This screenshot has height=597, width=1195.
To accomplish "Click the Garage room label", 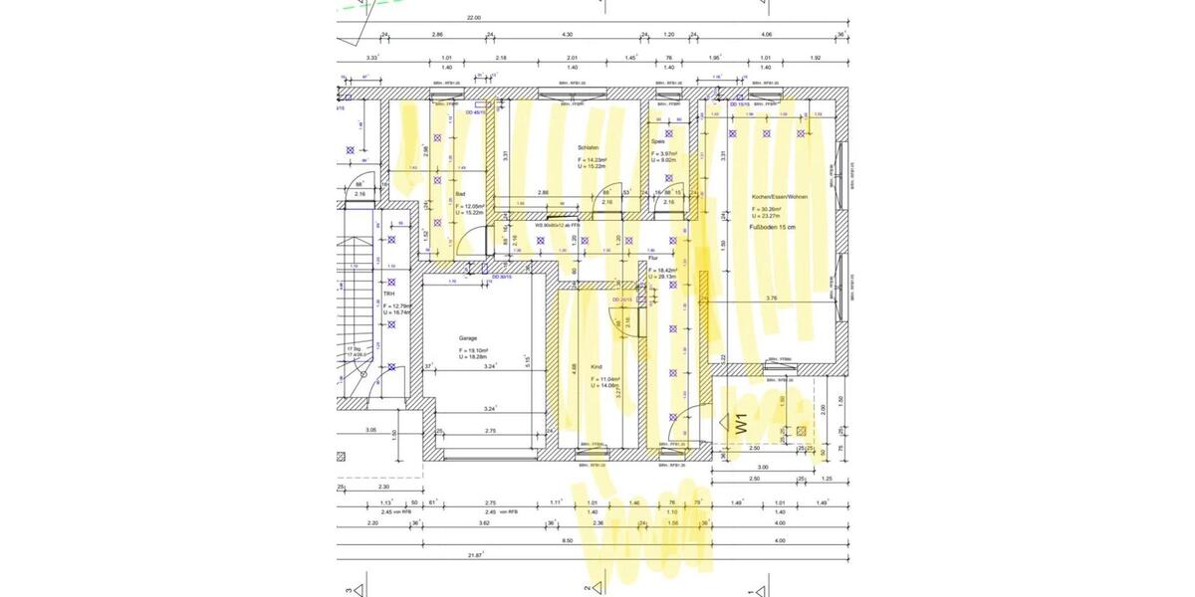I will [x=468, y=338].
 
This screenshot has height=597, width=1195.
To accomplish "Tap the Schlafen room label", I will [x=589, y=147].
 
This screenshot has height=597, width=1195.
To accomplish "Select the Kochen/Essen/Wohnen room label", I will [x=780, y=198].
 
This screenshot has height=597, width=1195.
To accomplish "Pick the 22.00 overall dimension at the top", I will [x=474, y=18].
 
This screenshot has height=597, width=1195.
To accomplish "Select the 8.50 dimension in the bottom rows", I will [x=568, y=540].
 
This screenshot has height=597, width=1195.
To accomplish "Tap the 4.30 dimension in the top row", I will [x=568, y=35].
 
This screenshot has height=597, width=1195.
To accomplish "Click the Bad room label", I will [x=460, y=194].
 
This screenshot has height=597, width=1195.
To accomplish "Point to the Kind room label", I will [x=597, y=366].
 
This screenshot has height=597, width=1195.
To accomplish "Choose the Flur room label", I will [x=654, y=258].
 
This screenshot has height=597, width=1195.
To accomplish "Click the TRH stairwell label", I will [x=389, y=295].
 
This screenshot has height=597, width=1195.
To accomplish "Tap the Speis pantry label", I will [x=657, y=141].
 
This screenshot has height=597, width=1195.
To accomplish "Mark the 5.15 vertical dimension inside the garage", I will [x=528, y=360].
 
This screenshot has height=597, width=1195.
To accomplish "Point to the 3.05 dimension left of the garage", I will [x=370, y=430].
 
